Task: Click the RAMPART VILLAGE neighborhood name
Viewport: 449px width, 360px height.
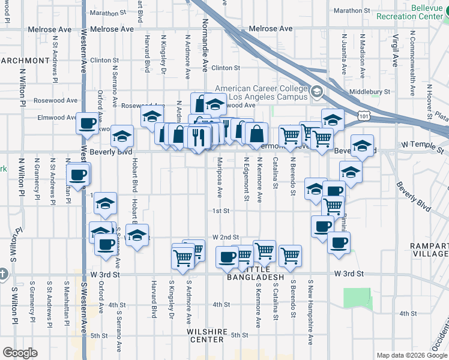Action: click(427, 250)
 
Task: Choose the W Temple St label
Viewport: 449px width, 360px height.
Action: click(421, 145)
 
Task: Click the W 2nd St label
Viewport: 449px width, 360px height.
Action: click(225, 238)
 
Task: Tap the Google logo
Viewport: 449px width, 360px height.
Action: click(20, 353)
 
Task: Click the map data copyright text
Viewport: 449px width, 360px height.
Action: click(412, 355)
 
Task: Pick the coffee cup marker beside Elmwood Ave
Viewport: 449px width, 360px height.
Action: click(87, 123)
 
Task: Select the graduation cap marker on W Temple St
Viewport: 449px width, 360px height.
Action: click(363, 145)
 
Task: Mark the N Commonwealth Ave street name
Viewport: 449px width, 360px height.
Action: click(412, 67)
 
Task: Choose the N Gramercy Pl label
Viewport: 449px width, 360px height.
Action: click(37, 178)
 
